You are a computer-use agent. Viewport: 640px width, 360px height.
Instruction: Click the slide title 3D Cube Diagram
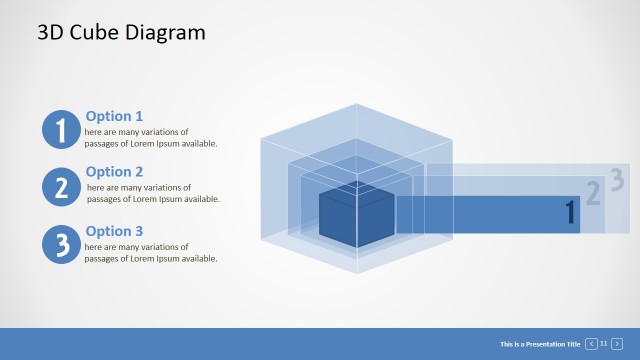pyautogui.click(x=121, y=32)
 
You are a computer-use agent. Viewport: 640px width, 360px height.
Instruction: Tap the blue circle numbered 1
pyautogui.click(x=61, y=130)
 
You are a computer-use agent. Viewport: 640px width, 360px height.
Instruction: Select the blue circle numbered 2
pyautogui.click(x=61, y=187)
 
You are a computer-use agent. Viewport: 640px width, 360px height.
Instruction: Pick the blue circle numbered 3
pyautogui.click(x=61, y=244)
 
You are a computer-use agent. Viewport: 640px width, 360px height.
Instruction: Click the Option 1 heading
pyautogui.click(x=114, y=116)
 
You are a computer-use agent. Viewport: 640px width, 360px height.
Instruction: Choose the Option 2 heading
pyautogui.click(x=114, y=172)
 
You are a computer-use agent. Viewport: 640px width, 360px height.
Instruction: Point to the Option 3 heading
pyautogui.click(x=114, y=231)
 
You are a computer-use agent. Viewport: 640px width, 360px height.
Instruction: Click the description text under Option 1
pyautogui.click(x=150, y=138)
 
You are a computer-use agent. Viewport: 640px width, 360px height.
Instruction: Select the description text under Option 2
pyautogui.click(x=152, y=193)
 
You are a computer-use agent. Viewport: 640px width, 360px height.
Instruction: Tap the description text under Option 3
pyautogui.click(x=150, y=253)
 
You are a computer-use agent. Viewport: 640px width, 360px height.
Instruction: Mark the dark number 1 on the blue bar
pyautogui.click(x=571, y=212)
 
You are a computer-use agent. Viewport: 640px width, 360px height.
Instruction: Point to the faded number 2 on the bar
pyautogui.click(x=593, y=194)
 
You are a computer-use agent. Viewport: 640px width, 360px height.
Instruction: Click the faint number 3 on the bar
pyautogui.click(x=617, y=180)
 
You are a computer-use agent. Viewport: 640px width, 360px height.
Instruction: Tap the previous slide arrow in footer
pyautogui.click(x=591, y=343)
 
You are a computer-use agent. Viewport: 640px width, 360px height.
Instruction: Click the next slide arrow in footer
pyautogui.click(x=617, y=343)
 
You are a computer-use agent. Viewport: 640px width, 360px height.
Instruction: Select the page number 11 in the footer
pyautogui.click(x=604, y=343)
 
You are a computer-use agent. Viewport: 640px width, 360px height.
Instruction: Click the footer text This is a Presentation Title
pyautogui.click(x=540, y=343)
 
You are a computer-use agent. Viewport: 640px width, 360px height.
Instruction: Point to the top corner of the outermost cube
pyautogui.click(x=355, y=104)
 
